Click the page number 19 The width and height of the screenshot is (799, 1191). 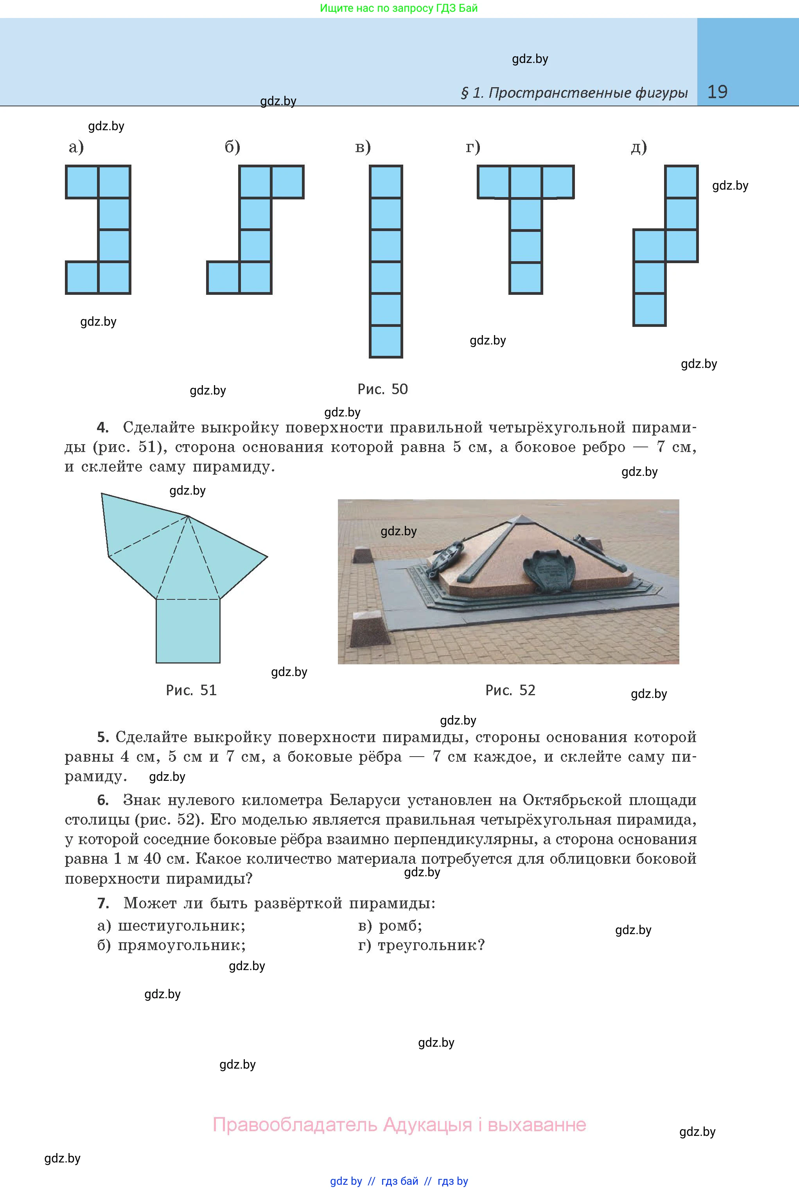pos(718,92)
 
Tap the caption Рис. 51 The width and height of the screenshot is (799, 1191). pos(191,690)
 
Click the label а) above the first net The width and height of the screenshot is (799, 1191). pos(76,147)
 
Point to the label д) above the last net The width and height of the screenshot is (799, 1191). pos(639,147)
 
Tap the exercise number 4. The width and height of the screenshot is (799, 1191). pos(103,427)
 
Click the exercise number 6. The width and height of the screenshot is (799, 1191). pos(103,800)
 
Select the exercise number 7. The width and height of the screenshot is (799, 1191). pos(103,903)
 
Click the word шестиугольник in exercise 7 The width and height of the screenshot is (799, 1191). pos(181,925)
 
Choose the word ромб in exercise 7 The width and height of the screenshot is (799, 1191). pos(400,925)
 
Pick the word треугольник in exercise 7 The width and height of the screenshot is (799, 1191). pos(431,945)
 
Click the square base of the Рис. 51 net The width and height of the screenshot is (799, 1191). pos(188,631)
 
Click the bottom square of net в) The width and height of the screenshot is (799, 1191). pos(386,341)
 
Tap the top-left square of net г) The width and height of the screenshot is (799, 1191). pos(493,182)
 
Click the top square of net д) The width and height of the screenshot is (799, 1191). pos(681,182)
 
